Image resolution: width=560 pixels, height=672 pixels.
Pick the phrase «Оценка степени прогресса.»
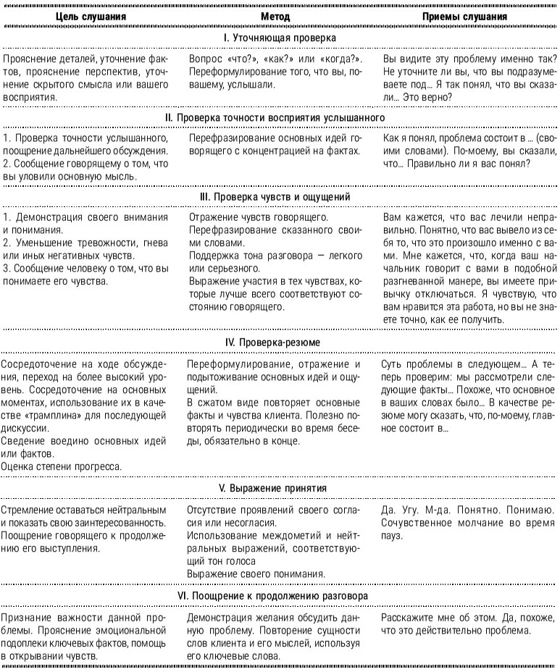point(61,466)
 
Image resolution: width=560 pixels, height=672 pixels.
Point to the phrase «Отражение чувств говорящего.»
point(259,217)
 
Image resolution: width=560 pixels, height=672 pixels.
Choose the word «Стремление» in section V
point(28,510)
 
